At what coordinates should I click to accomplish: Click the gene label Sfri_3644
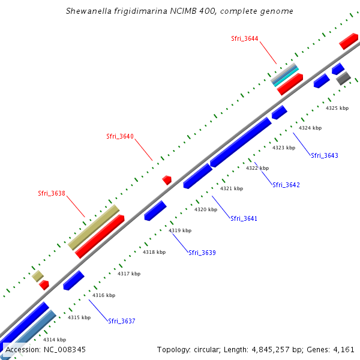[245, 38]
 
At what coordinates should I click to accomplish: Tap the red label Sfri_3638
[52, 193]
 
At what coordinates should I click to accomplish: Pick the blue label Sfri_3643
[325, 155]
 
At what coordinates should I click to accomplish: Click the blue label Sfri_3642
[286, 185]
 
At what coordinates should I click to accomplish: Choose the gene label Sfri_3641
[244, 218]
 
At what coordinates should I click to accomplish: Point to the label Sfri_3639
[202, 253]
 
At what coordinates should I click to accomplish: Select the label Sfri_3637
[122, 321]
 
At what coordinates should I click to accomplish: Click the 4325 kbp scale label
[337, 108]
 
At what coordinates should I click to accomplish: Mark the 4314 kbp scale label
[55, 340]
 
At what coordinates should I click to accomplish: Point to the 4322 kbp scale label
[257, 168]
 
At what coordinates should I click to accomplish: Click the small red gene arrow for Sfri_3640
[167, 179]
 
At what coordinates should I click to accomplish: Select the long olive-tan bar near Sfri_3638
[94, 227]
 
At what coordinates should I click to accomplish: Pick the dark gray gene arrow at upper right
[343, 78]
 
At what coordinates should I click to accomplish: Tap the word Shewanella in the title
[91, 11]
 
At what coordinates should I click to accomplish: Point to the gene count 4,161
[344, 349]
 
